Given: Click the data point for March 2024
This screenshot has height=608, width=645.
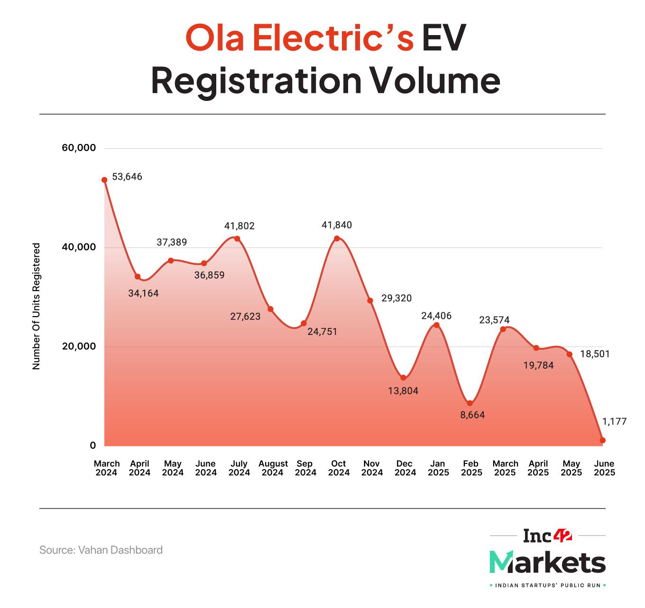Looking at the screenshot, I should pos(104,180).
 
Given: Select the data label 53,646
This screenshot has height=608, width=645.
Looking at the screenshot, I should pos(127,177).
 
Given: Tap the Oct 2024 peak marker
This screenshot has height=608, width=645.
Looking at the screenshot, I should pos(337,238).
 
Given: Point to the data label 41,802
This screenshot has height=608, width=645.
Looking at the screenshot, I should pos(240,226).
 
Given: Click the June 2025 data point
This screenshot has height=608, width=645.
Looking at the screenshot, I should pos(603,440).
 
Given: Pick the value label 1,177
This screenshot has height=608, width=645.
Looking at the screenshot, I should pos(615,421).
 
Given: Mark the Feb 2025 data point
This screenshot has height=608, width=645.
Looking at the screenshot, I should pos(470,403).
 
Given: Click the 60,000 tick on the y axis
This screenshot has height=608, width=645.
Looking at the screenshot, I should pos(79,148).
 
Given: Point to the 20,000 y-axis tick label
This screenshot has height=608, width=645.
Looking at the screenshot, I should pos(79,346).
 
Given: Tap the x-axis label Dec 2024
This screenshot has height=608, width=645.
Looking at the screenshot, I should pos(404,468).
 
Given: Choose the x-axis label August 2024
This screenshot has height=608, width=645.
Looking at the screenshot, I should pos(273,468).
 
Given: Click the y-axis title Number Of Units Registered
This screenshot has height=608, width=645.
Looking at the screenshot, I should pos(36,307).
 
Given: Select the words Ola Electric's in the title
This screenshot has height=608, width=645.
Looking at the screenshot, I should pos(299,39).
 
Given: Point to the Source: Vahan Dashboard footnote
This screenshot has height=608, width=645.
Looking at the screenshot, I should pos(101,550).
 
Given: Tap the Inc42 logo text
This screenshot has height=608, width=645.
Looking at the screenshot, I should pos(548,536).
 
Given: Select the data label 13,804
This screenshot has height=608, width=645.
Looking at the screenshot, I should pos(403,391).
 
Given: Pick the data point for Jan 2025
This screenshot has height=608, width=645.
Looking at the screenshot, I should pos(436,325).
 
